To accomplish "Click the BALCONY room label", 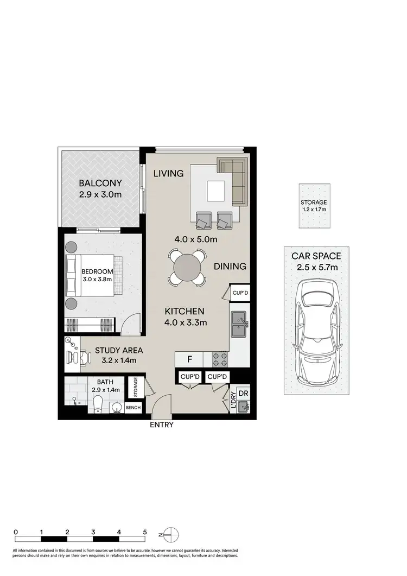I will point(100,183).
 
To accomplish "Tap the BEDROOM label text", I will point(98,271).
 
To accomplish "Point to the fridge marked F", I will point(189,359).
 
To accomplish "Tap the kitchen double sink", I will point(239,325).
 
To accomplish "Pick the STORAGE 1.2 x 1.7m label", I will point(314,206).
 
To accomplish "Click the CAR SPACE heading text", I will point(316,256).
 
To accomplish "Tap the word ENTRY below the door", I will point(162,425).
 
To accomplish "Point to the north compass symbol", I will point(170,534).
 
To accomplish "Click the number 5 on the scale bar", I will point(145,532).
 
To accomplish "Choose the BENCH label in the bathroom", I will point(133,407).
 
